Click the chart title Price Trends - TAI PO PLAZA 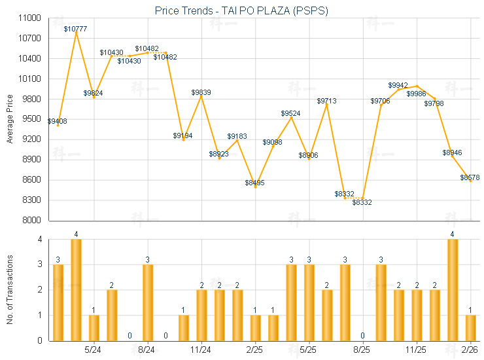coord(241,10)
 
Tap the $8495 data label coord(254,183)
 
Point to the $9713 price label coord(327,101)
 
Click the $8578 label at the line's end coord(470,177)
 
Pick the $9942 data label coord(398,85)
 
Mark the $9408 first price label coord(57,121)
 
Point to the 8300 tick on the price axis coord(33,200)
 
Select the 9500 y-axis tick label coord(33,119)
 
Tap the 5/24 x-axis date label coord(93,350)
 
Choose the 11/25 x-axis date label coord(416,350)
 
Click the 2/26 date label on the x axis coord(470,350)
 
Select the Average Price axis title coord(9,119)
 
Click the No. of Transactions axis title coord(9,290)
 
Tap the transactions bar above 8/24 coord(148,302)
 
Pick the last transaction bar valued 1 coord(470,327)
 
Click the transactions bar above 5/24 coord(94,327)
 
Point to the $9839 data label coord(201,92)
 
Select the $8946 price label coord(452,153)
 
